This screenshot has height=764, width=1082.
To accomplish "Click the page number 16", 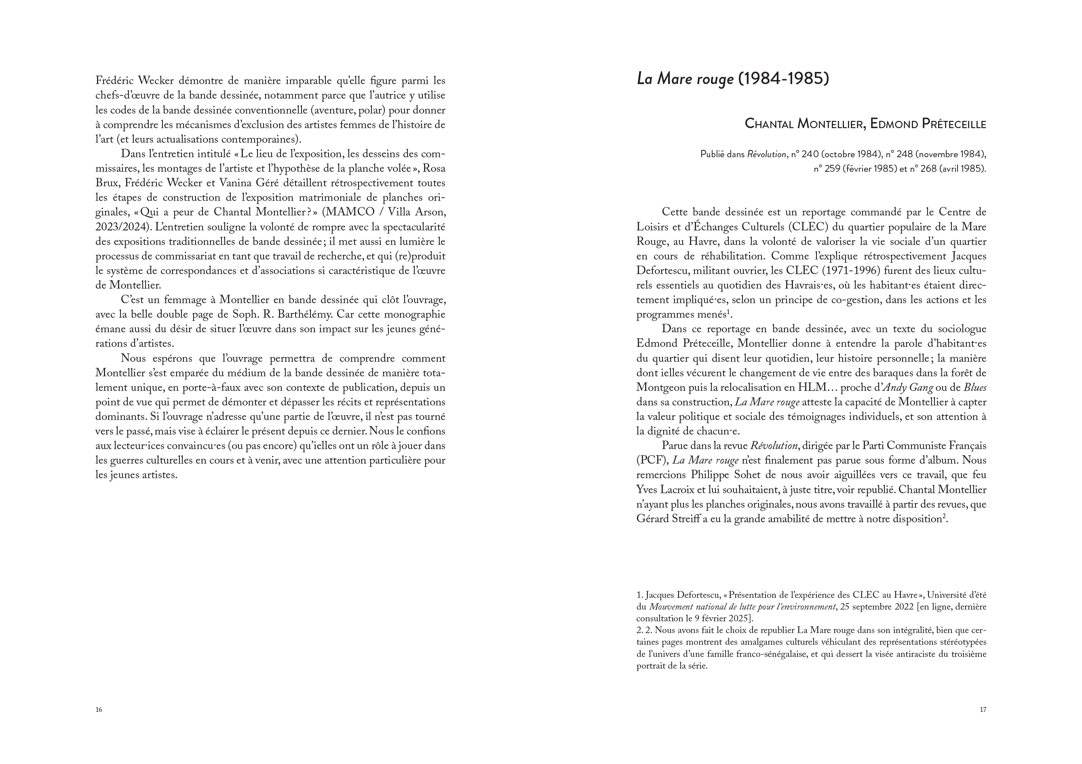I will (99, 709).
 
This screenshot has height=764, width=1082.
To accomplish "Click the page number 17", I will (983, 709).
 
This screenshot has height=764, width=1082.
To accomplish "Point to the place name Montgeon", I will (659, 387).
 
